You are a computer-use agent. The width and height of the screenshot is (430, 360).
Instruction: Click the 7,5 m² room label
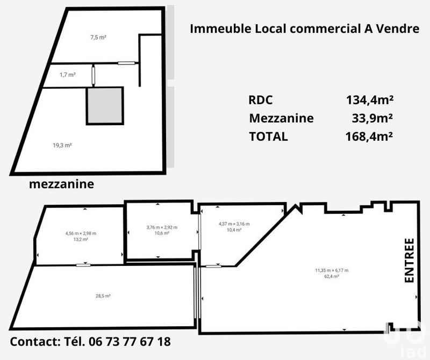tap(97, 38)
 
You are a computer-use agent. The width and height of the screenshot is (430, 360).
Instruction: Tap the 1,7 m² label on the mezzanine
tap(67, 75)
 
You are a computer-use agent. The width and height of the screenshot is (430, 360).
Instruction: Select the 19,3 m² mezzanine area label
tap(63, 145)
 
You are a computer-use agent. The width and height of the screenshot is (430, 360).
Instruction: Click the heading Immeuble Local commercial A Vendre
tap(305, 28)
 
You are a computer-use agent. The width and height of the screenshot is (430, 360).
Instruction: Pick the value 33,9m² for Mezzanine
tap(371, 118)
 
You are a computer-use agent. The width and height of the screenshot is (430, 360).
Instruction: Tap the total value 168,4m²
tap(369, 136)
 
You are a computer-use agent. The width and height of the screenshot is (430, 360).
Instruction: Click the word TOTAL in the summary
tap(268, 136)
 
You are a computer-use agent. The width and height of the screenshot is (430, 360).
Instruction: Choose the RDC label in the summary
tap(261, 99)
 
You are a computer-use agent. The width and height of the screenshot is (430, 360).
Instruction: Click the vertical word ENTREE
tap(409, 260)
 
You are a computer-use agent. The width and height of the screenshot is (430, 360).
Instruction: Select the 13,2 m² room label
tap(77, 240)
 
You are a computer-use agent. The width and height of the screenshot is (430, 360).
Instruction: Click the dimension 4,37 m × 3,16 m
tap(234, 224)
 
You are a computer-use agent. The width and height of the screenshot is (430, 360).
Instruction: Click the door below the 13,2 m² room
tap(83, 265)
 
